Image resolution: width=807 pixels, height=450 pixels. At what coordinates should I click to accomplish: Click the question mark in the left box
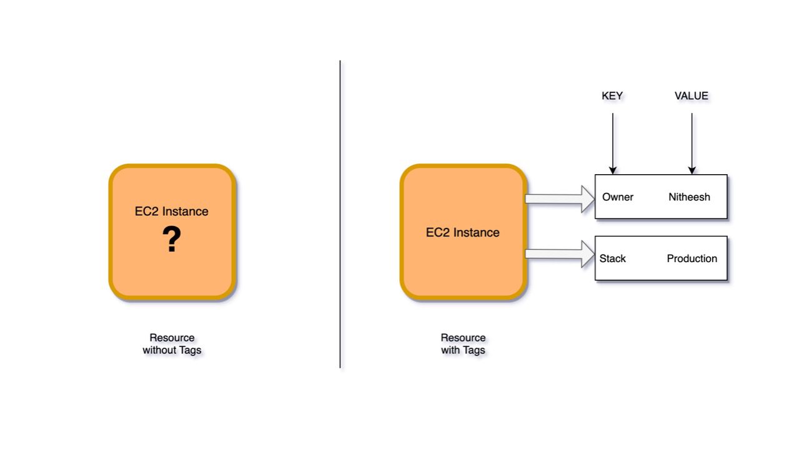(172, 238)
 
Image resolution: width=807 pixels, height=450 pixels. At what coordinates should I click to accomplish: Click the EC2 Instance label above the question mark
(172, 212)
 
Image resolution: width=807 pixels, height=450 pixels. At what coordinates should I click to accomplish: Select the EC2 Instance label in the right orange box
(463, 233)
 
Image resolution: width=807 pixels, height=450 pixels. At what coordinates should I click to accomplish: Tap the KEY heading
(612, 95)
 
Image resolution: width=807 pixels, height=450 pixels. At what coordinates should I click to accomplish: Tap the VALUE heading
(691, 95)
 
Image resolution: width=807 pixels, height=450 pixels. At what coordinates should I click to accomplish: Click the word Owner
(618, 197)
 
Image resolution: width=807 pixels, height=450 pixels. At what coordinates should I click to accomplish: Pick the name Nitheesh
(689, 197)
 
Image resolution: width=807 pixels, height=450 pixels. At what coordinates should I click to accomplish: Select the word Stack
(613, 258)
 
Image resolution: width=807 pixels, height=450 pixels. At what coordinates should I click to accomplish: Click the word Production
(691, 258)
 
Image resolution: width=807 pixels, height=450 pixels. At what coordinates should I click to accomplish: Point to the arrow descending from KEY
(613, 144)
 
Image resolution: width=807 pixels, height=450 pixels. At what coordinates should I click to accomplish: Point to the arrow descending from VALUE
(691, 144)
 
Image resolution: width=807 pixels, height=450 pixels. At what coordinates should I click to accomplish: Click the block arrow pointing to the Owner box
(560, 198)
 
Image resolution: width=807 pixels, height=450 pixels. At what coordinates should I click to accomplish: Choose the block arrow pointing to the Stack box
(560, 254)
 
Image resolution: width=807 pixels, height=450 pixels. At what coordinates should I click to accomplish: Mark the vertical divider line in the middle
(340, 214)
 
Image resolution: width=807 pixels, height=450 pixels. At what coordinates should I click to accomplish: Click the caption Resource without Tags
(172, 344)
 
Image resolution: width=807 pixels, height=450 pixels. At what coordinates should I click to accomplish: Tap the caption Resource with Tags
(463, 344)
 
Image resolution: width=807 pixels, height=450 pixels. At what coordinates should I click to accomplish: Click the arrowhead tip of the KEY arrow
(613, 174)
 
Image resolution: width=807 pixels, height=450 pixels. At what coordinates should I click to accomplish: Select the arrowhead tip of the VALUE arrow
(691, 174)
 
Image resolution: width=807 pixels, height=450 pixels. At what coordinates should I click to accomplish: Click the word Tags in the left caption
(189, 350)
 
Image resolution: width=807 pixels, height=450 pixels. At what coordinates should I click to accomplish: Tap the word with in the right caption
(450, 350)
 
